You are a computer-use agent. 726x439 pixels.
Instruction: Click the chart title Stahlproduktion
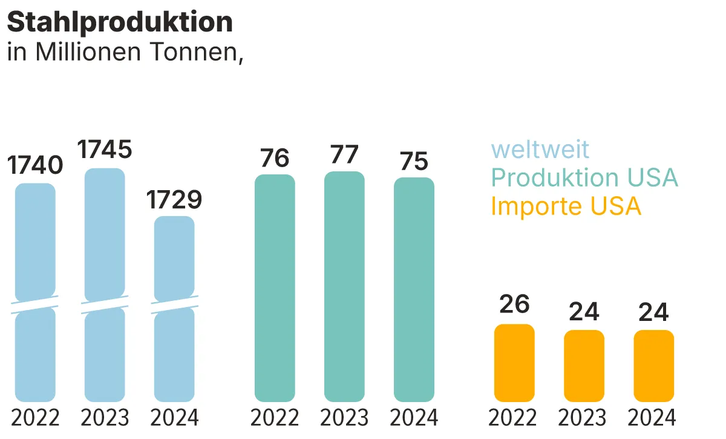click(120, 22)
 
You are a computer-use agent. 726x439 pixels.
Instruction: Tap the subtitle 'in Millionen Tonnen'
click(125, 52)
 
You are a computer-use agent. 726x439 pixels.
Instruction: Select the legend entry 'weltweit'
click(540, 149)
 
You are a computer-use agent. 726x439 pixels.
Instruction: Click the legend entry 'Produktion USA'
click(584, 177)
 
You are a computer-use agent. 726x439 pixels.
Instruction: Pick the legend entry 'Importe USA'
click(566, 206)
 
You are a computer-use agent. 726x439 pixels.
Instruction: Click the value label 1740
click(35, 165)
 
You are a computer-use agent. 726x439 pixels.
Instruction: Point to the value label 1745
click(105, 150)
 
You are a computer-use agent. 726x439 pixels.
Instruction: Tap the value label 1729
click(174, 199)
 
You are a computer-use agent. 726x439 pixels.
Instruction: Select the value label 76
click(275, 158)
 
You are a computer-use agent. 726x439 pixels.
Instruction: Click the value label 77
click(344, 154)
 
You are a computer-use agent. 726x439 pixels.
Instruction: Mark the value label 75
click(414, 161)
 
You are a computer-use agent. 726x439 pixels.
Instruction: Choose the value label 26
click(514, 304)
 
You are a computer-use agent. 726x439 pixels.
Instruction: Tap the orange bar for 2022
click(514, 363)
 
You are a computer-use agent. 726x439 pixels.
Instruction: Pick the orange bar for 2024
click(654, 366)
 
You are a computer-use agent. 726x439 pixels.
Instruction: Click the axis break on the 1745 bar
click(105, 304)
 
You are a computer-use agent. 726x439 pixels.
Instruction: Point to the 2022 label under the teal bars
click(275, 418)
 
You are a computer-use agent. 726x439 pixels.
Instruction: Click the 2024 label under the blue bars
click(174, 418)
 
